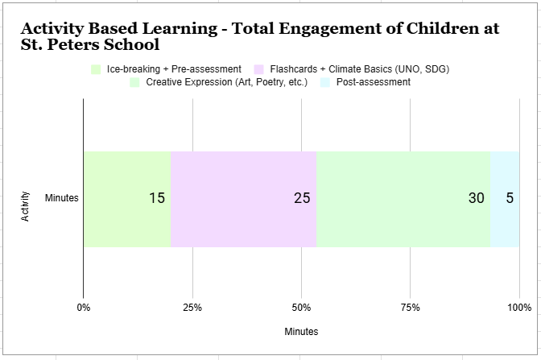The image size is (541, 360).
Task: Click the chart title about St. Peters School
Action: [x=259, y=36]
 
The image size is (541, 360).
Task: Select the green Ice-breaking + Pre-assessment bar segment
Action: [x=126, y=199]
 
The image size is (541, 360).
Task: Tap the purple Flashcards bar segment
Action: [x=243, y=199]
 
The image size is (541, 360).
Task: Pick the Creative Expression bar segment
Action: [x=403, y=199]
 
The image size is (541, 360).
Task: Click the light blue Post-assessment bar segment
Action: [x=505, y=199]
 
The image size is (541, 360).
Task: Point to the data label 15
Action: [x=157, y=198]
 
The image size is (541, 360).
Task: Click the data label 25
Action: [x=302, y=198]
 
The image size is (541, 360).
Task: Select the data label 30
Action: [x=477, y=198]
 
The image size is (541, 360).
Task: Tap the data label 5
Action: [x=510, y=198]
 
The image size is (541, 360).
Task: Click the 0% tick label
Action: [x=83, y=307]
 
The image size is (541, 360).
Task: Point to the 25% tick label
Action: [x=192, y=307]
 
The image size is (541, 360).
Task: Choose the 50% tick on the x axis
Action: [x=301, y=307]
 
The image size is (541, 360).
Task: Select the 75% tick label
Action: [x=410, y=307]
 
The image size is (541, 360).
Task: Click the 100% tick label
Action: [x=519, y=307]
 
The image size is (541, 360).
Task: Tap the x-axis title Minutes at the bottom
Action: [x=301, y=332]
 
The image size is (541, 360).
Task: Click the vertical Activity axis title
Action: [x=26, y=206]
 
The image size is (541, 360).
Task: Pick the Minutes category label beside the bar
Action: [x=62, y=198]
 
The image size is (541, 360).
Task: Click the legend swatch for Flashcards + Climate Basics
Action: [x=260, y=69]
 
